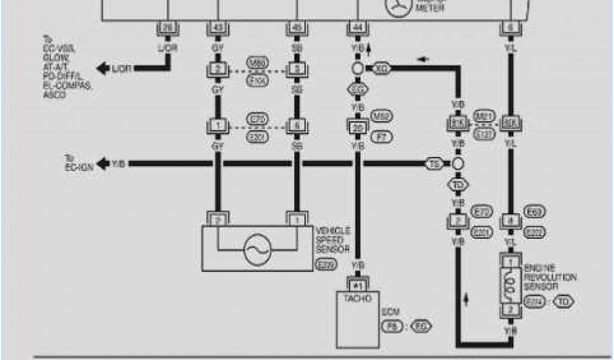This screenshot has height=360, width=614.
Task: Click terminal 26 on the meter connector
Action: (x=168, y=28)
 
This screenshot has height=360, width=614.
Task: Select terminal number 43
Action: (x=216, y=28)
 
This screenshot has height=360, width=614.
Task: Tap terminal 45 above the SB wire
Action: (x=296, y=28)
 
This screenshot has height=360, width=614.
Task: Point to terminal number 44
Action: (x=357, y=28)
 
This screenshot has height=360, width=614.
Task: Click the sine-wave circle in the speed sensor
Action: (x=257, y=248)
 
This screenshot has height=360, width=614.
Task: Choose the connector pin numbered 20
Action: (x=357, y=127)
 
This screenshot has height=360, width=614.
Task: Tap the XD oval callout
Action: (x=381, y=68)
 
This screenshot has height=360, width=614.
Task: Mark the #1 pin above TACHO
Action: (x=359, y=286)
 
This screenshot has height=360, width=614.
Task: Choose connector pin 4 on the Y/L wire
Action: (x=510, y=221)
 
